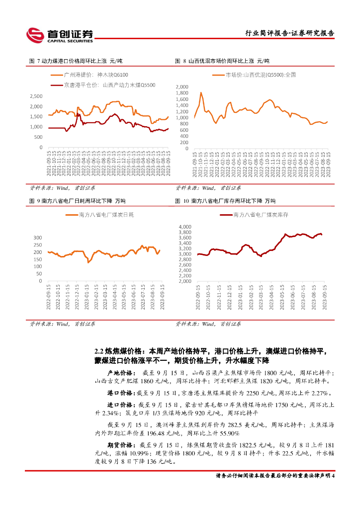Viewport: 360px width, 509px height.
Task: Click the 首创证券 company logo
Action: coord(60,34)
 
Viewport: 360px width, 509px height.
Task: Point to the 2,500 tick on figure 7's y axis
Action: coord(36,96)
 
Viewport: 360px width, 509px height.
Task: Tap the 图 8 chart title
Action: coord(222,61)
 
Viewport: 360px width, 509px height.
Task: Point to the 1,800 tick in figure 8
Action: coord(182,92)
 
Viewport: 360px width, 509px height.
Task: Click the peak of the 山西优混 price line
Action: coord(201,92)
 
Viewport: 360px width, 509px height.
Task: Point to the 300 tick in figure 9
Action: coord(37,238)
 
